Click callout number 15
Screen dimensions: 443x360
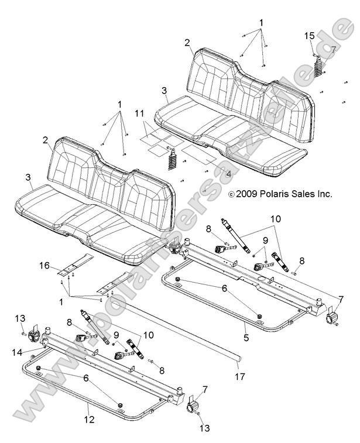coord(309,36)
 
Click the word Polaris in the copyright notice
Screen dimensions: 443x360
coord(273,194)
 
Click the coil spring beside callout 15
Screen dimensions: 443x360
coord(318,70)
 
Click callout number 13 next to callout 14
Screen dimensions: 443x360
coord(19,318)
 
